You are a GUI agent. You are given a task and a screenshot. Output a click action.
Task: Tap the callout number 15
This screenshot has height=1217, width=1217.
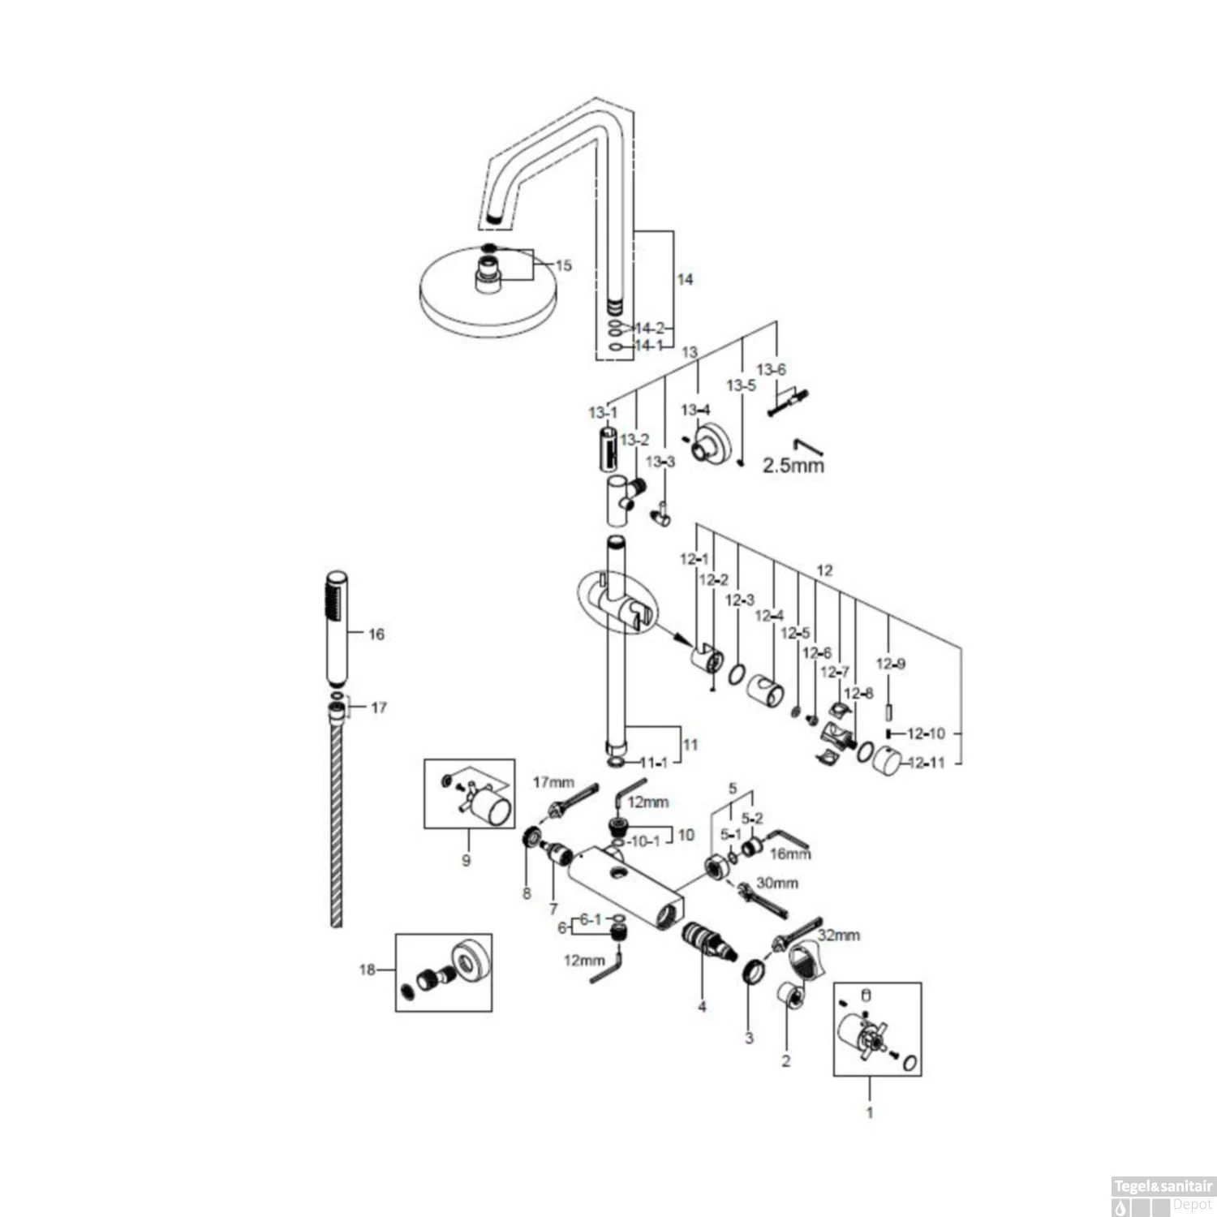(563, 265)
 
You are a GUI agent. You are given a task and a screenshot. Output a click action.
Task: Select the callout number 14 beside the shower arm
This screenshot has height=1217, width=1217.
(685, 279)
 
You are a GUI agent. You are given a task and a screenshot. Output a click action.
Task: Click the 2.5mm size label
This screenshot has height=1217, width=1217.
(793, 465)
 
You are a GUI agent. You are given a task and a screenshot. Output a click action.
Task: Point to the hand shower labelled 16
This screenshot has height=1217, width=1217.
(337, 630)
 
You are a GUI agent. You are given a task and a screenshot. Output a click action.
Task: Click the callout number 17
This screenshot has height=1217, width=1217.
(379, 707)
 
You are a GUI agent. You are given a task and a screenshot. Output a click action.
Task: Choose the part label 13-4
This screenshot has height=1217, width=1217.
(695, 410)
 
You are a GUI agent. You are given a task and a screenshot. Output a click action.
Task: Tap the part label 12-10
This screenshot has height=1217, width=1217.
(926, 733)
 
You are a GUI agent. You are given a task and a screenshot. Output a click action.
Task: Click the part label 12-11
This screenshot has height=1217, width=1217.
(926, 763)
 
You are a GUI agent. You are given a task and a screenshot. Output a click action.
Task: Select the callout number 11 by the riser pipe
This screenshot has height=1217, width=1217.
(690, 744)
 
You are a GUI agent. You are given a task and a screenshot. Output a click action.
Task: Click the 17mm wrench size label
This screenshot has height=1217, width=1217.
(553, 783)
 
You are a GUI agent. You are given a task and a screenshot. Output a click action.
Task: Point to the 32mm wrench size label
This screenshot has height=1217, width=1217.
(838, 935)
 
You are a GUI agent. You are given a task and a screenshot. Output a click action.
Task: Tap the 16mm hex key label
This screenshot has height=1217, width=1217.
(789, 854)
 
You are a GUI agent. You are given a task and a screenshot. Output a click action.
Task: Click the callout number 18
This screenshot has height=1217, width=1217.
(368, 970)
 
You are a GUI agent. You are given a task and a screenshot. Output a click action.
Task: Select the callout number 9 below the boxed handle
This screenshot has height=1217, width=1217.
(466, 860)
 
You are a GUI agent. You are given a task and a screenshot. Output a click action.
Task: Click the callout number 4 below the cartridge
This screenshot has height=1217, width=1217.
(702, 1007)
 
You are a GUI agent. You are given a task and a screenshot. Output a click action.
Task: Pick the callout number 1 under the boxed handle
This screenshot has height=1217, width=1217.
(870, 1112)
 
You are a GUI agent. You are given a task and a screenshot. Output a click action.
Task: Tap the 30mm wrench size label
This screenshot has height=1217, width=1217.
(776, 883)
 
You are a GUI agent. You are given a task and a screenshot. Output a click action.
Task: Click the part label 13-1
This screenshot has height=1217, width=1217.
(603, 413)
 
